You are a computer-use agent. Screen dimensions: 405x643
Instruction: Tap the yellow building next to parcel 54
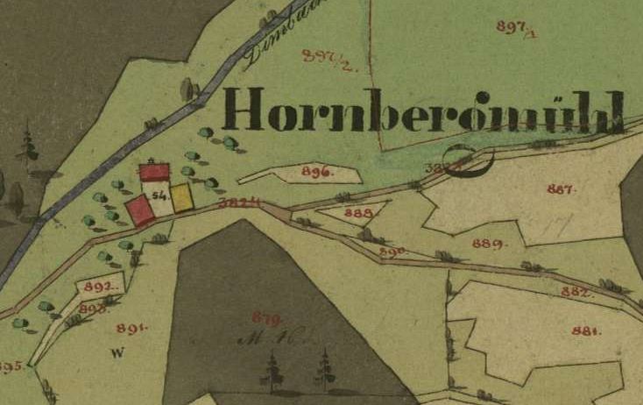(x=181, y=198)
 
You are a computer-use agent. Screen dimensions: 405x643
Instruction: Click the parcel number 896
(x=317, y=173)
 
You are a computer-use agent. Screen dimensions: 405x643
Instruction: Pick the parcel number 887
(x=561, y=189)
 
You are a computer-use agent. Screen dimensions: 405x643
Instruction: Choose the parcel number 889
(x=487, y=244)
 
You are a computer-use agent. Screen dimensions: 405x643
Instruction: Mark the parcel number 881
(x=585, y=331)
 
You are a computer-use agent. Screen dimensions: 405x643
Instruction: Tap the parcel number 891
(x=131, y=329)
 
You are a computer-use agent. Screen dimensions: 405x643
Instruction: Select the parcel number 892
(x=102, y=287)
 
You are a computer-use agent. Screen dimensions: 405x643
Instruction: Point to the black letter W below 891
(x=115, y=353)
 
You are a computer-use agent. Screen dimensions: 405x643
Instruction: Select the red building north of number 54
(x=155, y=171)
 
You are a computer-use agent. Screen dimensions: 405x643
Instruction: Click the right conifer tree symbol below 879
(x=325, y=368)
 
